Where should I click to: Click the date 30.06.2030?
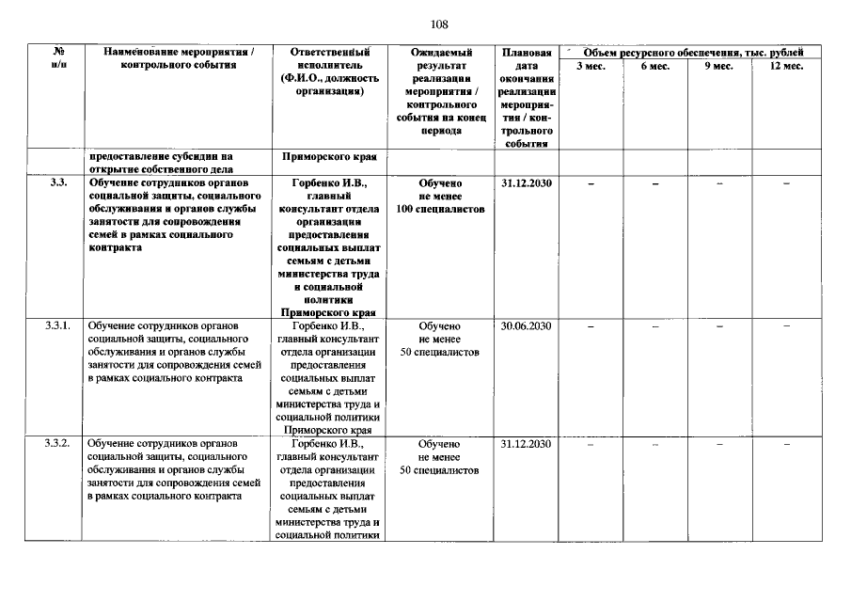click(526, 325)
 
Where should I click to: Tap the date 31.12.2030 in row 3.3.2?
click(526, 443)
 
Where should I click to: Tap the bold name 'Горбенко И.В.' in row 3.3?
click(328, 182)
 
